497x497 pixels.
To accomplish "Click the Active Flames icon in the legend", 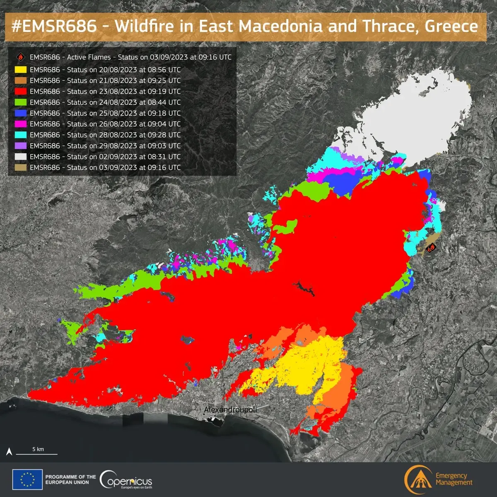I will tap(20, 57).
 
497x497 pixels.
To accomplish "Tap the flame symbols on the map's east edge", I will tap(431, 248).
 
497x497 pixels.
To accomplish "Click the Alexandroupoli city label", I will tap(230, 410).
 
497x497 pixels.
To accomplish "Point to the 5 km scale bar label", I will tap(38, 449).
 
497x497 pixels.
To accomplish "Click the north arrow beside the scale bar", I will tap(9, 451).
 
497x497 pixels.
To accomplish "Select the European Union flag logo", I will tap(27, 480).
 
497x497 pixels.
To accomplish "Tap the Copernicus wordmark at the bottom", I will tap(126, 481).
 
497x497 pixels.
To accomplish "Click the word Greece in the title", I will tap(451, 26).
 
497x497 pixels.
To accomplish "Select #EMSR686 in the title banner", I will tap(54, 26).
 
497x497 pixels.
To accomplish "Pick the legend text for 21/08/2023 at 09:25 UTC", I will tap(105, 81).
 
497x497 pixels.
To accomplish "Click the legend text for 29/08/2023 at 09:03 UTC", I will tap(105, 146).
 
